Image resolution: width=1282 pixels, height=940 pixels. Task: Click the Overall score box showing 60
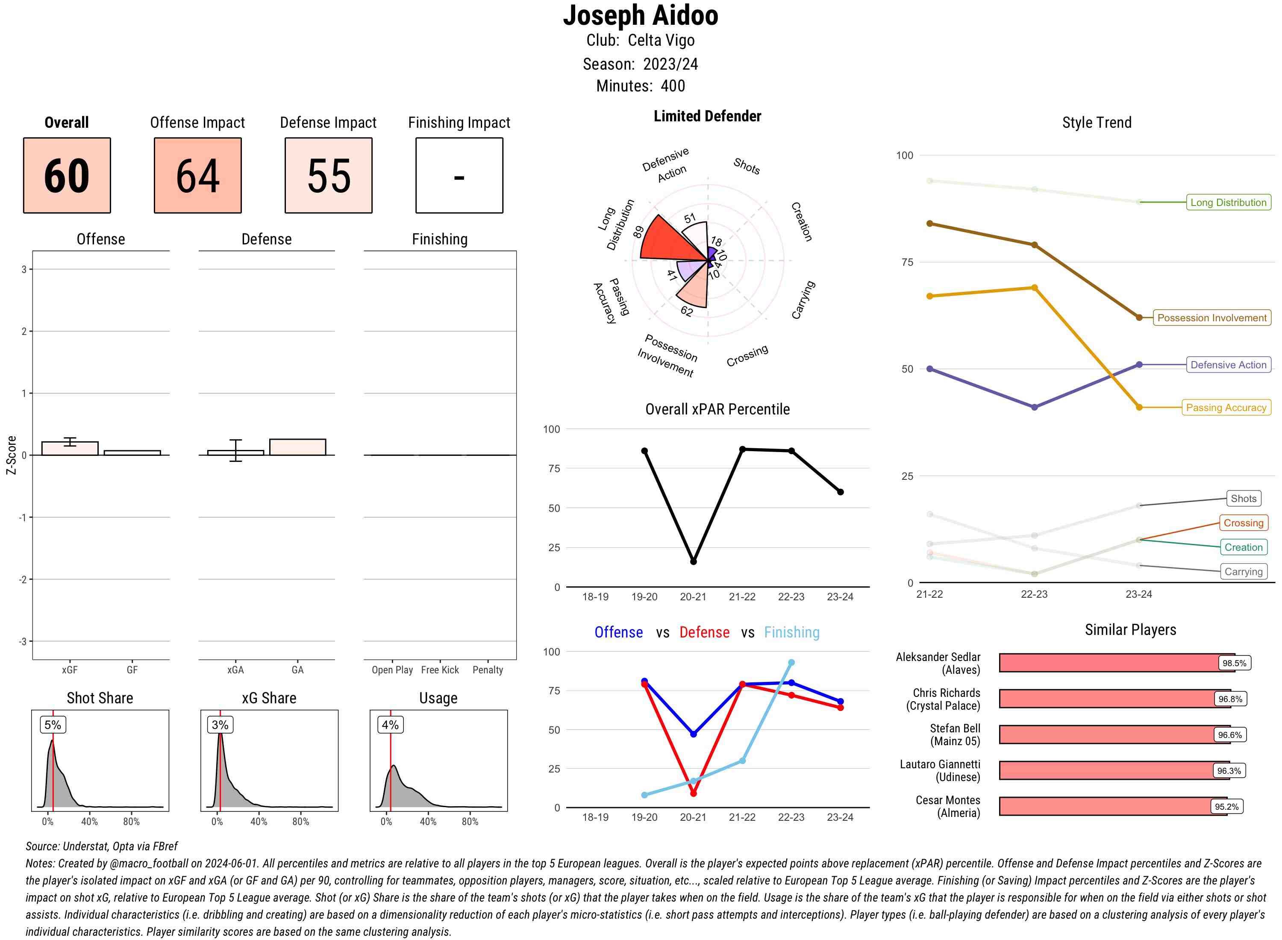click(x=67, y=175)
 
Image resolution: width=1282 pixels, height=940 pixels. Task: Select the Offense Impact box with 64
click(x=197, y=175)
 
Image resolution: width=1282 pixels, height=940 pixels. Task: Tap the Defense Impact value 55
click(x=328, y=175)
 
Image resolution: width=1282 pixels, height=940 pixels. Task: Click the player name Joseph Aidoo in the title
click(x=640, y=16)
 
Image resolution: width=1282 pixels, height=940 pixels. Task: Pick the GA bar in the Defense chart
click(x=297, y=447)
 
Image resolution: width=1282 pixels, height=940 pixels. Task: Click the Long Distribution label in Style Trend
click(x=1228, y=203)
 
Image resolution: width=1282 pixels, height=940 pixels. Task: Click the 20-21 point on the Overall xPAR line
click(x=693, y=561)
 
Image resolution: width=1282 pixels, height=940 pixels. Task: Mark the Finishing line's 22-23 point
click(x=791, y=663)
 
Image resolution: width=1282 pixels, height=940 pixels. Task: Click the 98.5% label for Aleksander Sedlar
click(x=1234, y=663)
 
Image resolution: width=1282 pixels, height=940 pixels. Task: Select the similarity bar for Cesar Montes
click(x=1104, y=806)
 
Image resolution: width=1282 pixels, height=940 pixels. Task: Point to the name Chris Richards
click(x=946, y=693)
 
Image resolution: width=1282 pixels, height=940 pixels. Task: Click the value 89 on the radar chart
click(x=638, y=232)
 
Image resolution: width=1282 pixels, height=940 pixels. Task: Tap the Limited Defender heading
click(x=707, y=117)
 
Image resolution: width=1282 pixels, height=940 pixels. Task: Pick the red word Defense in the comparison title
click(x=704, y=633)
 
